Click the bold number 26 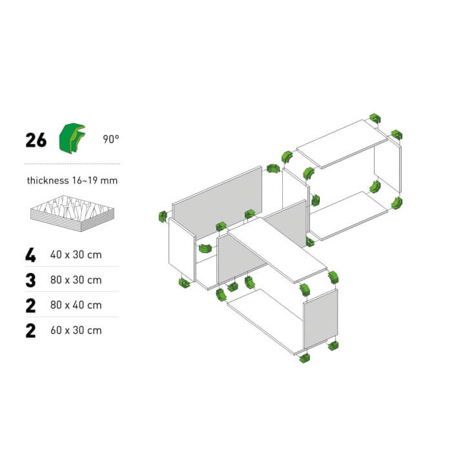pos(36,140)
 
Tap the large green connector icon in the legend pos(72,138)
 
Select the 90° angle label pos(111,139)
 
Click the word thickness pos(48,180)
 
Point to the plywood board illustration pos(72,213)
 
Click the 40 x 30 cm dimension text pos(76,254)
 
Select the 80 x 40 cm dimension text pos(76,305)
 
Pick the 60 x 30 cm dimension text pos(76,330)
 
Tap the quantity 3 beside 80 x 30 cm pos(30,280)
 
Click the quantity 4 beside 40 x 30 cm pos(30,255)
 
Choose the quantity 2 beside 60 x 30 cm pos(30,331)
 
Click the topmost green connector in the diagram pos(375,119)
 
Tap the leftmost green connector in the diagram pos(163,216)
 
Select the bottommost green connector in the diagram pos(305,358)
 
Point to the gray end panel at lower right pos(320,319)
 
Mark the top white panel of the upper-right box pos(342,144)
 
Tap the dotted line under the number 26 pos(72,163)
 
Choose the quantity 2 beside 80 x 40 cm pos(30,305)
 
